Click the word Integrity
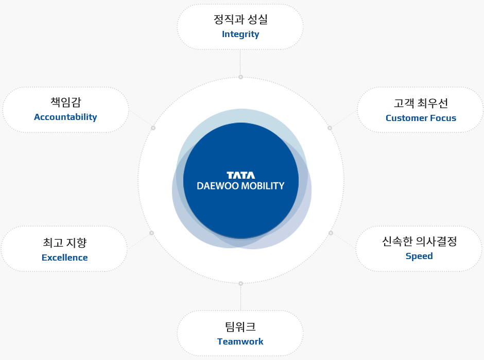click(x=240, y=35)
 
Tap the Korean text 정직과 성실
click(x=240, y=19)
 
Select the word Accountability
click(x=65, y=117)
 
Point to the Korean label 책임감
click(x=66, y=102)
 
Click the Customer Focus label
click(x=421, y=118)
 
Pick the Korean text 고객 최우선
click(x=421, y=103)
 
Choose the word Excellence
click(x=64, y=258)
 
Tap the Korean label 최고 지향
click(x=65, y=243)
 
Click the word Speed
click(x=419, y=256)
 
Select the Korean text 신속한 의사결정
click(x=420, y=241)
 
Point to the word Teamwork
click(x=240, y=341)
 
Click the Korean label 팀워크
click(x=240, y=327)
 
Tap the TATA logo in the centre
click(x=241, y=176)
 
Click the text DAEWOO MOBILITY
click(x=241, y=186)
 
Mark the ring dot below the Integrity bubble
click(x=241, y=77)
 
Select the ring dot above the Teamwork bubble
click(x=241, y=283)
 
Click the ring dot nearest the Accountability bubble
click(x=153, y=128)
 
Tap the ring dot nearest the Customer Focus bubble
click(x=330, y=128)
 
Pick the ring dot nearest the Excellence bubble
click(x=151, y=233)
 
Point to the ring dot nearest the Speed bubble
click(x=331, y=233)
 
